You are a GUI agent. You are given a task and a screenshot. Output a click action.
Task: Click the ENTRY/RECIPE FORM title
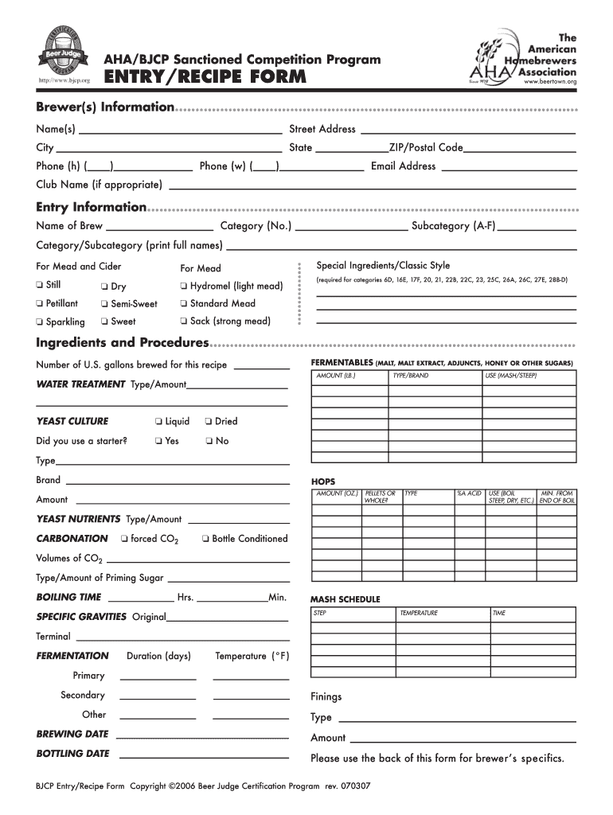(x=205, y=76)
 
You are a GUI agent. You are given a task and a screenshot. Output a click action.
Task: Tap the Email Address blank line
(x=508, y=169)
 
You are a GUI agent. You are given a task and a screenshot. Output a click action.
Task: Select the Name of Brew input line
(x=159, y=228)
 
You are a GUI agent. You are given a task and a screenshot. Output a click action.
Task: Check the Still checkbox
(x=40, y=285)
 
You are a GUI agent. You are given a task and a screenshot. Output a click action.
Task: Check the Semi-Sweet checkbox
(x=105, y=304)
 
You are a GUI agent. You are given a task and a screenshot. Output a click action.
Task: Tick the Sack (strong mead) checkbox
(x=183, y=322)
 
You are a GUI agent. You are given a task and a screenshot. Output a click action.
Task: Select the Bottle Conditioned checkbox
(x=205, y=539)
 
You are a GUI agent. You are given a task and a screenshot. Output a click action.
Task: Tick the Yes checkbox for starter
(x=159, y=441)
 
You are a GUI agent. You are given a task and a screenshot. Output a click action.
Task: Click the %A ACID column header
(x=469, y=493)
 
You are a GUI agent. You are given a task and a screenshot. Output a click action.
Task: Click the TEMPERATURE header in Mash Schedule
(x=420, y=614)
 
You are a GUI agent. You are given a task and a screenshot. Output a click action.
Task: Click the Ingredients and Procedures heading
(x=123, y=343)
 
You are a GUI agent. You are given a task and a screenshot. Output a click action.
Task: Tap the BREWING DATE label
(x=72, y=734)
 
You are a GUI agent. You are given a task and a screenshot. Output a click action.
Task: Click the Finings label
(x=326, y=696)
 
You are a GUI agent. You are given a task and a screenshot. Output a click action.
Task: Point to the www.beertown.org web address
(x=549, y=81)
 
